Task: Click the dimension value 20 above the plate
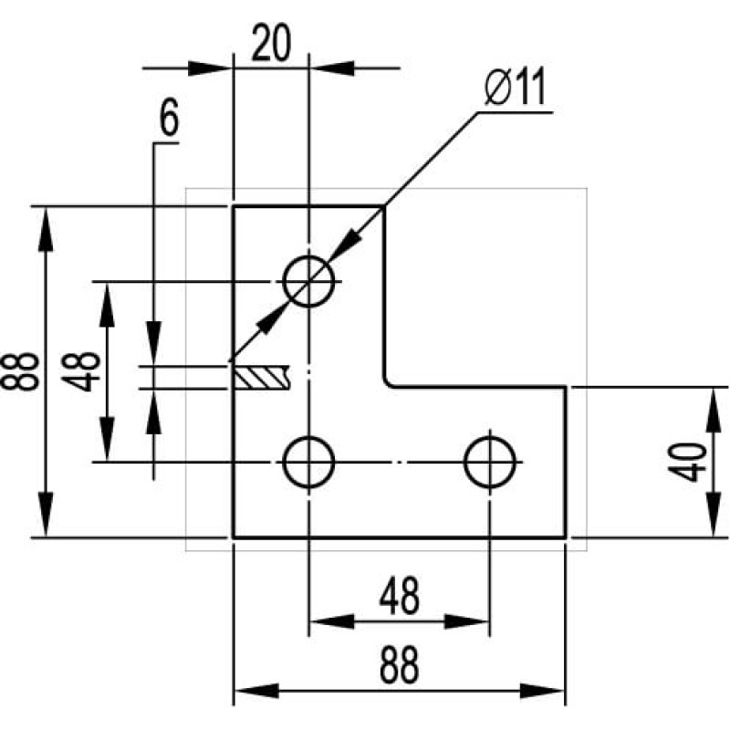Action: tap(271, 43)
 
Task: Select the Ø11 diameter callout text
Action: tap(515, 87)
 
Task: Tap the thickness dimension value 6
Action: tap(169, 117)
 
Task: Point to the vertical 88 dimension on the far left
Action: tap(19, 371)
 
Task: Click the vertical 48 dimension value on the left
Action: tap(81, 371)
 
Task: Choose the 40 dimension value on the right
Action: tap(687, 463)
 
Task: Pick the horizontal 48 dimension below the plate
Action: tap(399, 597)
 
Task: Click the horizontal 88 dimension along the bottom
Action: tap(399, 665)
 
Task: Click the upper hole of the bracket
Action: tap(308, 281)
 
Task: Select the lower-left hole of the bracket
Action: tap(308, 462)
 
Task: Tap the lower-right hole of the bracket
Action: tap(489, 462)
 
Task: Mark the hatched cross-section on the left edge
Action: tap(262, 377)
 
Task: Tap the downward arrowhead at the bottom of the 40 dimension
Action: tap(713, 515)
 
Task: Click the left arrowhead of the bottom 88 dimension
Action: tap(256, 691)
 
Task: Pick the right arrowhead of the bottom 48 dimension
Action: tap(466, 621)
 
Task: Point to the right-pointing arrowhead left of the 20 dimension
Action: tap(210, 68)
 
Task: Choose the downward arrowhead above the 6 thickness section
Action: tap(153, 343)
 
